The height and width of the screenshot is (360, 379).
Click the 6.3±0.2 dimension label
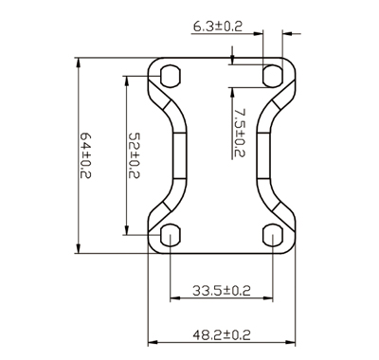218,27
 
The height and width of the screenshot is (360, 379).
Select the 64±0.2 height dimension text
85,155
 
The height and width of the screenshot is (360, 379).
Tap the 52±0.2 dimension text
135,155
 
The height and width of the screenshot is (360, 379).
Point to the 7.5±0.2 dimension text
240,133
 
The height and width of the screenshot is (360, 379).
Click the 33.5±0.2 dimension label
222,291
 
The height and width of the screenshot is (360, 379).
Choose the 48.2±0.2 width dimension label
222,334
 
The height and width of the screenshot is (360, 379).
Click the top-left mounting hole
171,76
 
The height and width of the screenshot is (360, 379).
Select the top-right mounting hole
273,76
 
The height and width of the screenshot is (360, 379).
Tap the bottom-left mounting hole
171,235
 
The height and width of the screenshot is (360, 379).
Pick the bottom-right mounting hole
273,235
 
